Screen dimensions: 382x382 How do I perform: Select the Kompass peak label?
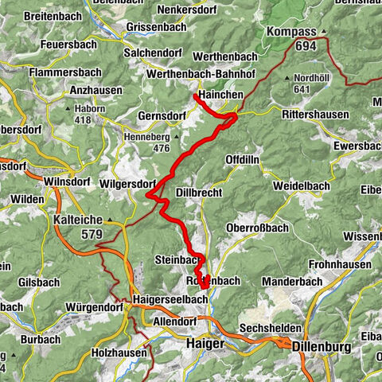coord(292,32)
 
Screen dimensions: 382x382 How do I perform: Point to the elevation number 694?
coord(303,46)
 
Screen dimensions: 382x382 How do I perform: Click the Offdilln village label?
coord(244,159)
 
